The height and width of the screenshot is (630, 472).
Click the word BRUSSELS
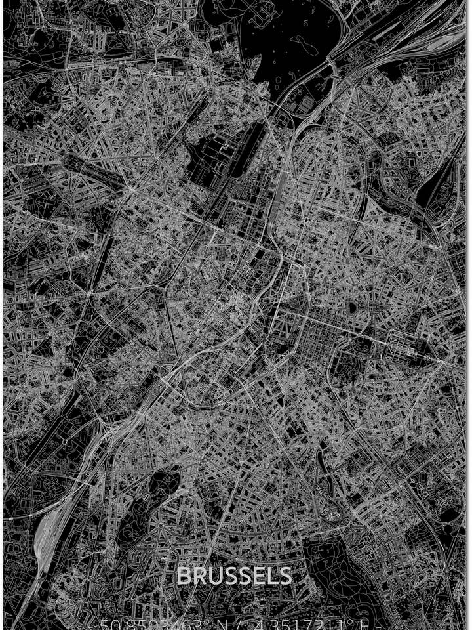click(x=234, y=576)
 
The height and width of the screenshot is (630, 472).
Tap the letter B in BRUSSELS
click(x=184, y=576)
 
